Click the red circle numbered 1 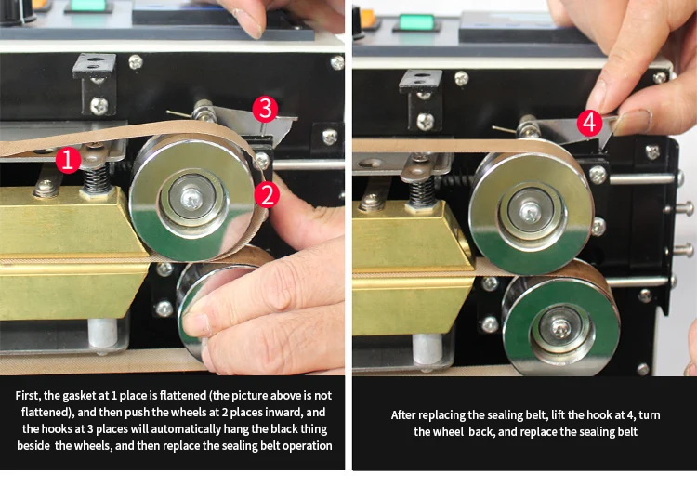(x=68, y=160)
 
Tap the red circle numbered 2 (x=267, y=195)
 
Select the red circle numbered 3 (x=265, y=110)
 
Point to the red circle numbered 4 (x=589, y=123)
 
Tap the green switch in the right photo (x=416, y=22)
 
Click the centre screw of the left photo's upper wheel (x=192, y=199)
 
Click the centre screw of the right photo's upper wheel (x=530, y=213)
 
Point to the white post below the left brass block (x=102, y=333)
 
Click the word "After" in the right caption (x=403, y=415)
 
